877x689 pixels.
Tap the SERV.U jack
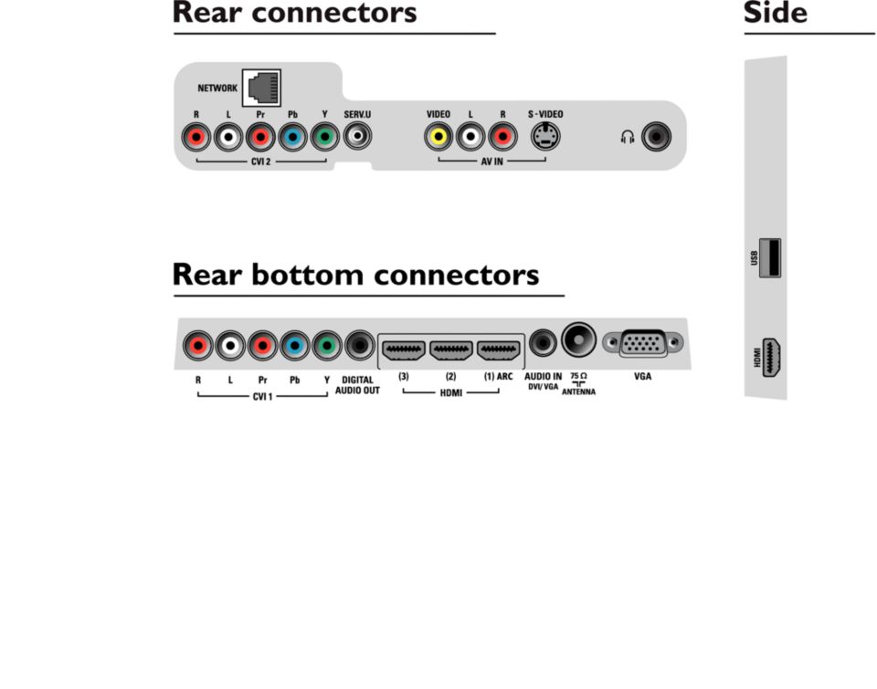(x=357, y=138)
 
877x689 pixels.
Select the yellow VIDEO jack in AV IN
(x=438, y=138)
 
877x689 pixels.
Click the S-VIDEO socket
(x=546, y=137)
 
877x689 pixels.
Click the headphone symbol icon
(x=627, y=138)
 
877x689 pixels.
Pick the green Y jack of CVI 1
(x=326, y=346)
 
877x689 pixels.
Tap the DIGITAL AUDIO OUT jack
(x=359, y=346)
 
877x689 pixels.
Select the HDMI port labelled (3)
(x=403, y=349)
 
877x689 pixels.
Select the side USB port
(x=770, y=257)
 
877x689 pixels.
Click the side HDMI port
(x=772, y=357)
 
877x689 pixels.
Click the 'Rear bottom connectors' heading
(x=355, y=275)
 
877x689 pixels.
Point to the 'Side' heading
(x=775, y=14)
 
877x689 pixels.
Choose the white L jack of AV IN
(x=470, y=138)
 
